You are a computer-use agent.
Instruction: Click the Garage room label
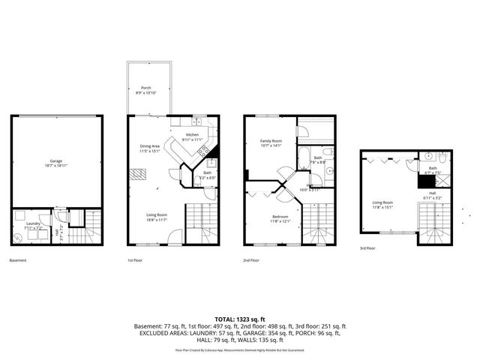click(x=55, y=160)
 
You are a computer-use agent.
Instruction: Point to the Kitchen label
click(x=193, y=135)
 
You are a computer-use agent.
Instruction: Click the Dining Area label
click(x=151, y=146)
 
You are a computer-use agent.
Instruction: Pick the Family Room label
click(x=271, y=141)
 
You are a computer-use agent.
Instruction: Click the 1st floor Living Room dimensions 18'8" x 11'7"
click(x=156, y=219)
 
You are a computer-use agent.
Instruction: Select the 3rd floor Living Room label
click(x=383, y=202)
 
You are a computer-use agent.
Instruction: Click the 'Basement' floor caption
click(x=19, y=260)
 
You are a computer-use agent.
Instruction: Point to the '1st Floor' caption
click(x=135, y=260)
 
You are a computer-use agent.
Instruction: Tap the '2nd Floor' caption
click(x=251, y=260)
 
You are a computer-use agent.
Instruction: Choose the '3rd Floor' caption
click(x=368, y=249)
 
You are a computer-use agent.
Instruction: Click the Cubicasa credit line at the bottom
click(x=240, y=350)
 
